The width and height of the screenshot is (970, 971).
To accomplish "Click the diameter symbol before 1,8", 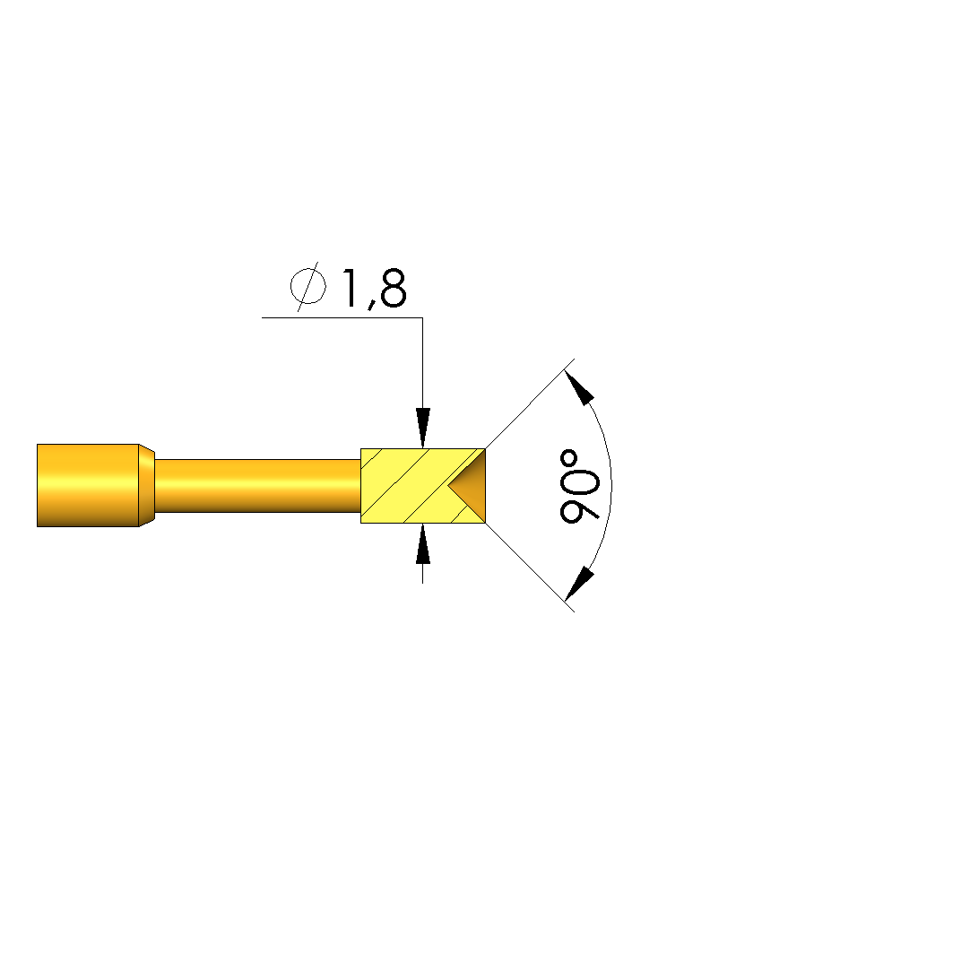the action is pyautogui.click(x=307, y=287).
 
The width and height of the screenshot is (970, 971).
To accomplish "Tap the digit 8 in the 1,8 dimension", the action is pyautogui.click(x=394, y=288).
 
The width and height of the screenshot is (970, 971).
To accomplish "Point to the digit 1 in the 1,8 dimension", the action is pyautogui.click(x=349, y=288).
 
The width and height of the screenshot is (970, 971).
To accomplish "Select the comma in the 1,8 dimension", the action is pyautogui.click(x=371, y=304).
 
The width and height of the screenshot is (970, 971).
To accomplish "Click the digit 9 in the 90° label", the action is pyautogui.click(x=579, y=505).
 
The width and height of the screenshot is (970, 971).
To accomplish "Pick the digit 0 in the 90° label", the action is pyautogui.click(x=579, y=473).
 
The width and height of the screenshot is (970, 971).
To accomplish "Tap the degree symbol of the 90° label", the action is pyautogui.click(x=568, y=459).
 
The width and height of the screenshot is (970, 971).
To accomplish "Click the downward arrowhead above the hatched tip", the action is pyautogui.click(x=423, y=428).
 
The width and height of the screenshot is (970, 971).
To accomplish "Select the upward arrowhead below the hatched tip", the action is pyautogui.click(x=423, y=543).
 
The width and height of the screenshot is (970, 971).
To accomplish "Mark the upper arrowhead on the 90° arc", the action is pyautogui.click(x=579, y=387).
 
